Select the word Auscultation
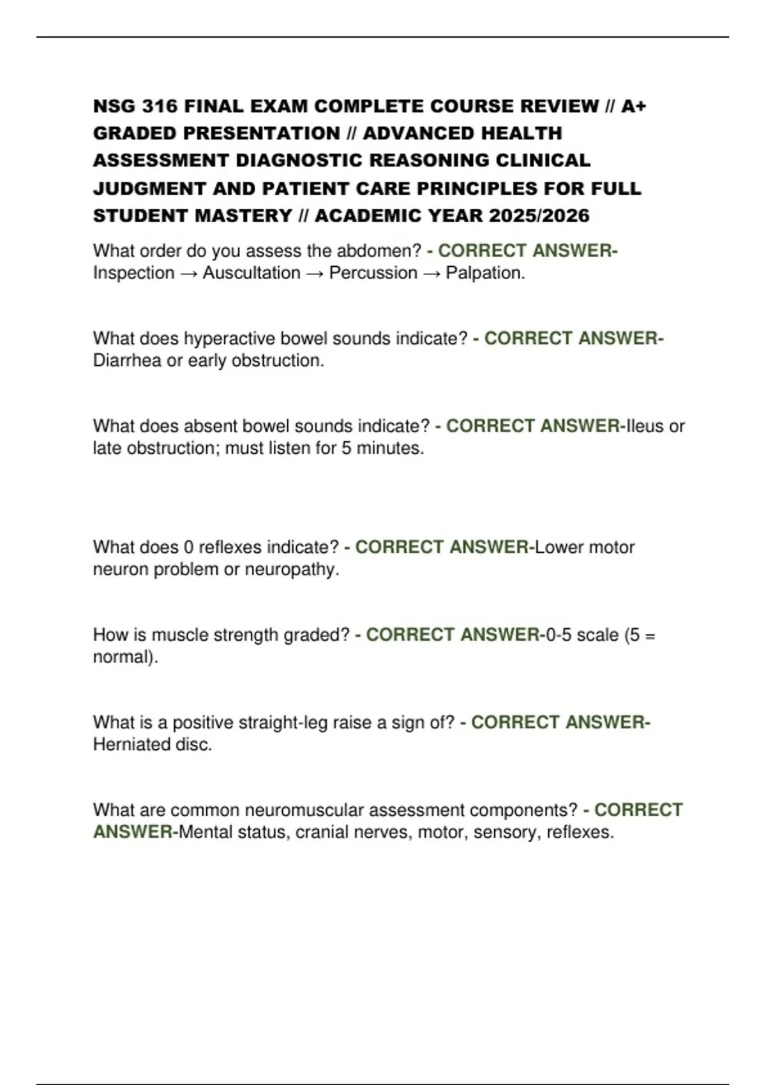[x=252, y=273]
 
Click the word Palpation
[x=485, y=273]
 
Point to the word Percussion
[x=373, y=273]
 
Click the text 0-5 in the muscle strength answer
[x=558, y=635]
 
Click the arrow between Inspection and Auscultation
[x=189, y=273]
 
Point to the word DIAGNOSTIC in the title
[x=299, y=160]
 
